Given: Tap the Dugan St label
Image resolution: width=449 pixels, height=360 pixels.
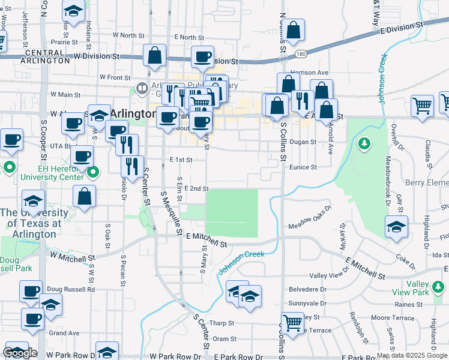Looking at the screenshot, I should [303, 142].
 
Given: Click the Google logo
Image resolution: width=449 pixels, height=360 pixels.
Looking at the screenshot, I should [20, 353].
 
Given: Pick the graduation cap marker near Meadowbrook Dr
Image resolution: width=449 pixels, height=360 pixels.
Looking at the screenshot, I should [396, 227].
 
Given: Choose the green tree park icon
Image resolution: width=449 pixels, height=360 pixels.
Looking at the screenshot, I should [363, 143].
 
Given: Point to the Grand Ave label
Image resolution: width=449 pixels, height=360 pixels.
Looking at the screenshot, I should [64, 332].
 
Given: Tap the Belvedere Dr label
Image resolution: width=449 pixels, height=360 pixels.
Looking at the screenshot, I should [309, 289].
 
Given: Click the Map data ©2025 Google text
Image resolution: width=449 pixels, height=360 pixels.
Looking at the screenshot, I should [412, 355].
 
